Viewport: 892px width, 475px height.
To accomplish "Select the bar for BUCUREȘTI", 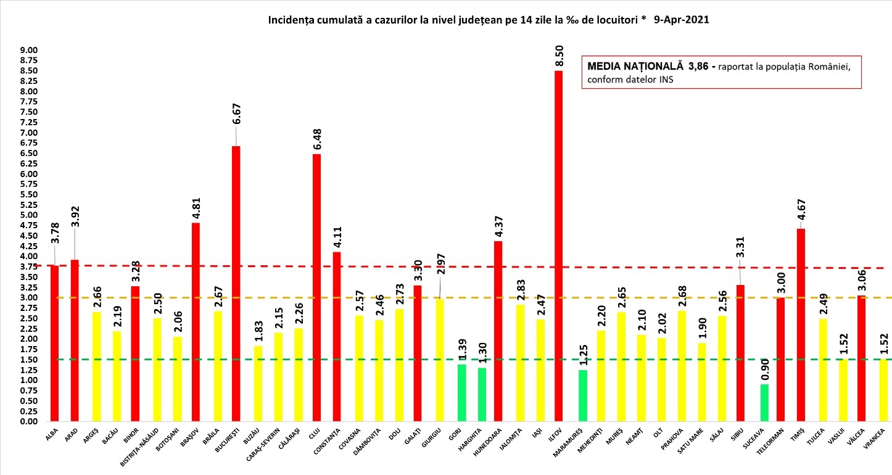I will tap(236, 284).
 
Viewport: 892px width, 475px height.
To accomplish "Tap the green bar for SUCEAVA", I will tap(760, 403).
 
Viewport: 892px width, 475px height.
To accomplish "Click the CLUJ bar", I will tap(316, 287).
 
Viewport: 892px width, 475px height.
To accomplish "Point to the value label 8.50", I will tap(559, 55).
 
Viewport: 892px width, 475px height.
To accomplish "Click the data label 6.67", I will tap(236, 131).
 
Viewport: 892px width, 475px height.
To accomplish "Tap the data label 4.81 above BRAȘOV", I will tap(196, 207).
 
